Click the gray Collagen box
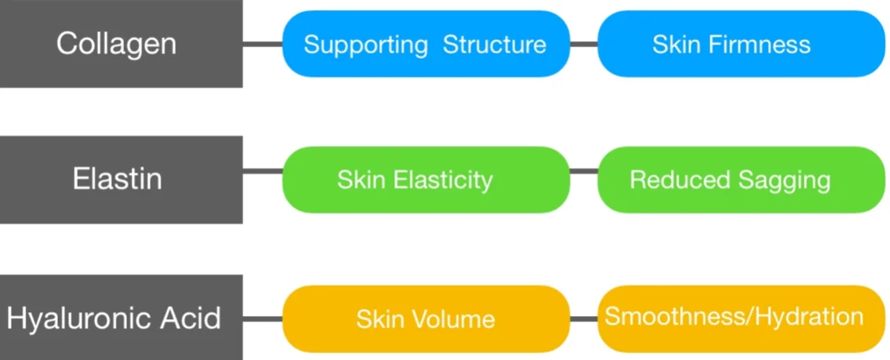[118, 44]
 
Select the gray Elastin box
[118, 180]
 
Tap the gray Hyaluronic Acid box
[118, 318]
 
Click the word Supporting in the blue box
[365, 45]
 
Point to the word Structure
[494, 45]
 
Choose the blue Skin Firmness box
[740, 44]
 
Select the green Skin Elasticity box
[425, 180]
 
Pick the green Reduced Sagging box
[740, 180]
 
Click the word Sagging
[784, 180]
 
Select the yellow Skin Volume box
[425, 318]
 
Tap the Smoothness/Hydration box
[740, 318]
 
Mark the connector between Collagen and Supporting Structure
[262, 44]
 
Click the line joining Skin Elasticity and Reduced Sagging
[583, 171]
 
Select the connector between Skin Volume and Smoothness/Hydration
[583, 318]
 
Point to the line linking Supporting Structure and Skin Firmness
[583, 44]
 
